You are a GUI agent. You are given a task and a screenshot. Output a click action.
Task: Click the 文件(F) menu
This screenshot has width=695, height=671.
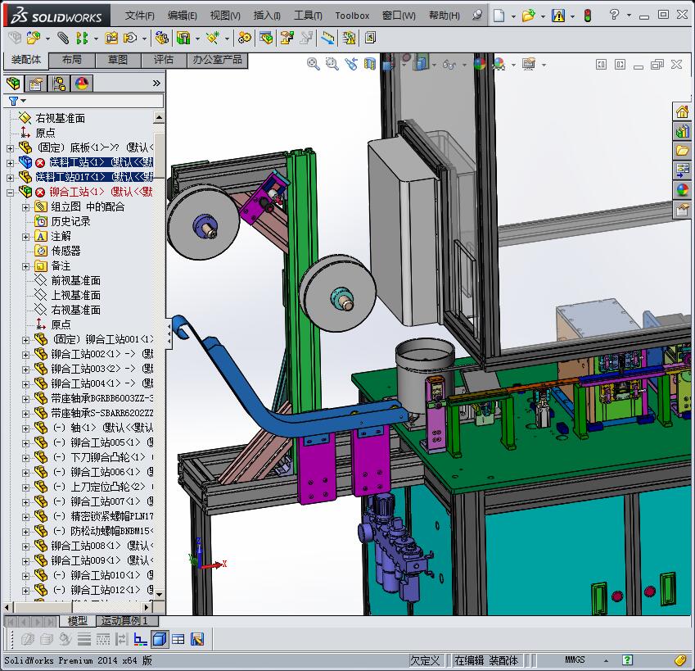pos(139,15)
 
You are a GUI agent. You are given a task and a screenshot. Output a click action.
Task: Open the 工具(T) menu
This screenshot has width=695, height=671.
pos(308,15)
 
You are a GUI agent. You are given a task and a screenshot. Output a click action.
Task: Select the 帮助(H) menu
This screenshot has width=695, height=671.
pos(444,15)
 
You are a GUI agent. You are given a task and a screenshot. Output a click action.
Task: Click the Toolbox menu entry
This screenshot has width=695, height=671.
pos(352,15)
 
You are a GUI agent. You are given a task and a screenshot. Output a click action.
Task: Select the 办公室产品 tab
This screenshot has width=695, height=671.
pos(216,60)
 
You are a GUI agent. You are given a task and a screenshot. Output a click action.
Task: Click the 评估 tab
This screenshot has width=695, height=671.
pos(164,60)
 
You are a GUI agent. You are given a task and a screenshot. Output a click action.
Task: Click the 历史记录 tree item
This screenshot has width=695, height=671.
pos(70,221)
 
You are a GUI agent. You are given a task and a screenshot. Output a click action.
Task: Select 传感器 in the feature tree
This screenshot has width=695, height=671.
pos(65,251)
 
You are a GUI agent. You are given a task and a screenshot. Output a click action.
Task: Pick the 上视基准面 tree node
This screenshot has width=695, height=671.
pos(75,295)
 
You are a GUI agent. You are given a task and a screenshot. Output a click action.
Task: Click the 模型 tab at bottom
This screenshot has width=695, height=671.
pos(78,621)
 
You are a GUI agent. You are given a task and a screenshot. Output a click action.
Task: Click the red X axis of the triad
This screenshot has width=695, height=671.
pos(214,564)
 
